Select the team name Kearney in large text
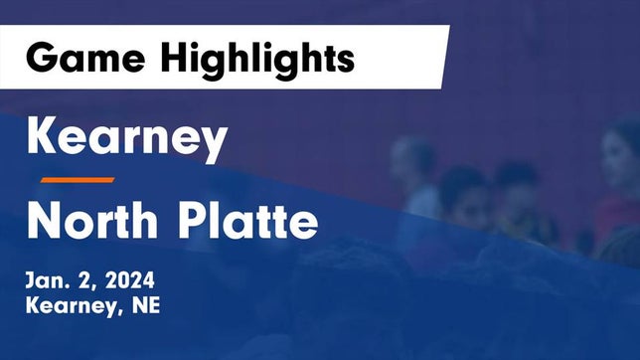[x=126, y=140]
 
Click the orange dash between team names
[x=78, y=179]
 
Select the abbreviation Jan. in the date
[x=48, y=281]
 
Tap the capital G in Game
[x=42, y=58]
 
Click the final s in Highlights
[x=345, y=60]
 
